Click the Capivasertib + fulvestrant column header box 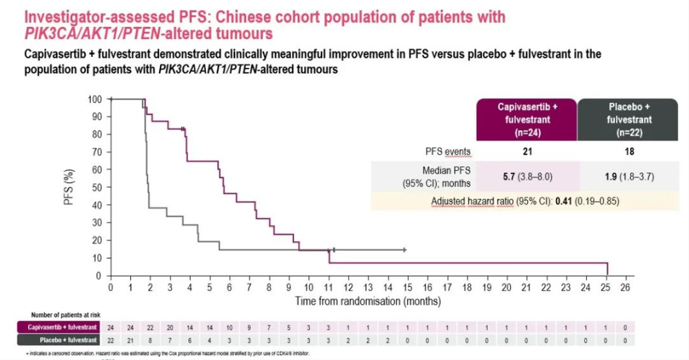[x=527, y=120]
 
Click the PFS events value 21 [x=527, y=152]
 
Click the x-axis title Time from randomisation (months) [x=368, y=301]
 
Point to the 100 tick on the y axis [x=95, y=99]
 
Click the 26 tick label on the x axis [x=624, y=288]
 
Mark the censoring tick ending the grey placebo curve [x=405, y=249]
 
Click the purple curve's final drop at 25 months [x=607, y=269]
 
